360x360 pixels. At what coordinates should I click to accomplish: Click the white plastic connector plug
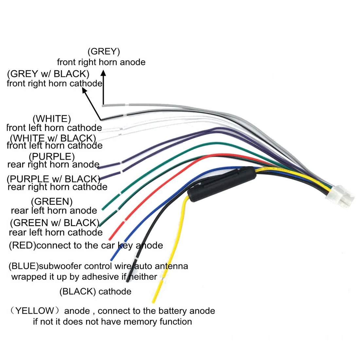[340, 197]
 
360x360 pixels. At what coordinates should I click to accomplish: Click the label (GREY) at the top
[104, 51]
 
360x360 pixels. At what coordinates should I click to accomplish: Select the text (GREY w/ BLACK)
[48, 74]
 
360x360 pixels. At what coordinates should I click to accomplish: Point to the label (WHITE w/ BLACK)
[53, 138]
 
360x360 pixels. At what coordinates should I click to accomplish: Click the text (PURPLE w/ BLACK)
[53, 179]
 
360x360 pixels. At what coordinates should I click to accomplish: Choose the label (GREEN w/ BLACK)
[55, 223]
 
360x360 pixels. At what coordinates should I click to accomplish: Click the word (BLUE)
[24, 266]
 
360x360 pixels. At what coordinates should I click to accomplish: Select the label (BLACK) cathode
[95, 291]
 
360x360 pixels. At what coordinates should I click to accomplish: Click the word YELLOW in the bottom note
[35, 311]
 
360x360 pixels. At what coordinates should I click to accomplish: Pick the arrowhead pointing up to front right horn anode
[103, 73]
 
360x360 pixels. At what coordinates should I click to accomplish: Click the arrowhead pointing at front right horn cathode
[84, 91]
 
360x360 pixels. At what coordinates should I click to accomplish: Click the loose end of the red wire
[110, 239]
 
